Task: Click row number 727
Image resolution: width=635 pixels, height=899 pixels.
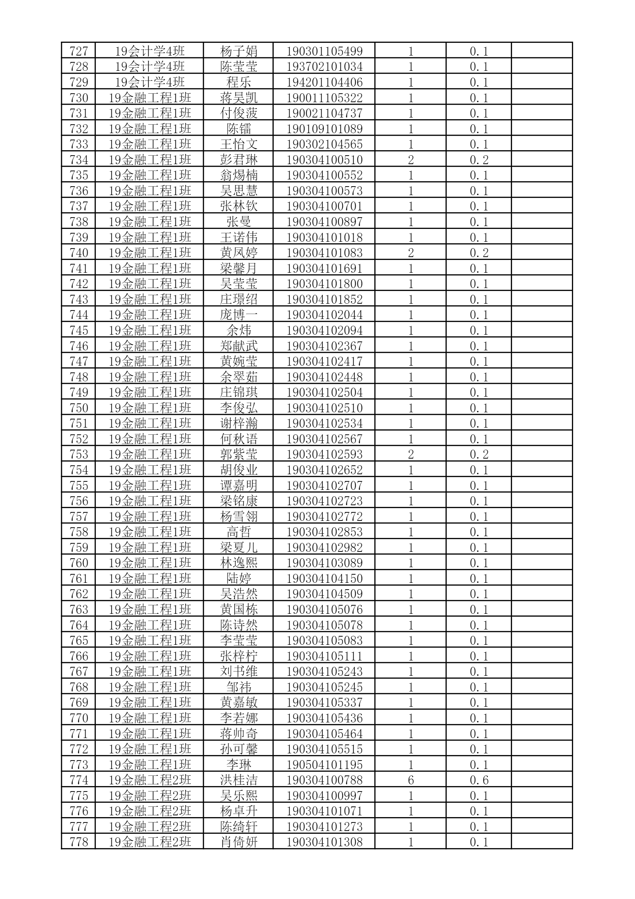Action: click(79, 51)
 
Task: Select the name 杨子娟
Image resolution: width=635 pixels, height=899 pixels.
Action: click(238, 51)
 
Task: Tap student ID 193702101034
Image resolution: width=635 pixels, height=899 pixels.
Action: click(324, 67)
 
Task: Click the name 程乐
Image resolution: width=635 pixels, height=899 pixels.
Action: click(238, 82)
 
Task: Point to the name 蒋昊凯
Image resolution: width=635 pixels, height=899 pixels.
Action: click(238, 98)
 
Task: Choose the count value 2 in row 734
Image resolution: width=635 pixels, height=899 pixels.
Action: click(411, 160)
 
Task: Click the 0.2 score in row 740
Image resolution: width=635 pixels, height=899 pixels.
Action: click(479, 253)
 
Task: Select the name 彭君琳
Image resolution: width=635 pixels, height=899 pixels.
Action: click(238, 160)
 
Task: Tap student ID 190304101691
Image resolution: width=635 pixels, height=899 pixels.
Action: click(324, 268)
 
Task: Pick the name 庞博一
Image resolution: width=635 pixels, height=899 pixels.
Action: click(238, 315)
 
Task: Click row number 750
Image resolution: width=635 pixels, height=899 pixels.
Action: click(79, 408)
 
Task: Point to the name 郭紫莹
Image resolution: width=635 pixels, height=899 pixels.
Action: click(238, 454)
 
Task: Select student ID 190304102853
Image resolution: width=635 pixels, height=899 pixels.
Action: click(324, 532)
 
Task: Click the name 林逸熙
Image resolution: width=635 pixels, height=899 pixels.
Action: click(238, 563)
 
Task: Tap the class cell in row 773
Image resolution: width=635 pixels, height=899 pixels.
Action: click(149, 764)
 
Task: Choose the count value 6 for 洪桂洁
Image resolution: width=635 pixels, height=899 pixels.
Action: click(411, 780)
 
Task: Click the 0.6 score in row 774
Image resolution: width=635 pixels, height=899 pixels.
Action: click(479, 780)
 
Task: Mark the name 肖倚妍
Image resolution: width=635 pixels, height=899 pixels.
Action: click(238, 842)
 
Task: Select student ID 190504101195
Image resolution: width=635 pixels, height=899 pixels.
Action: click(324, 764)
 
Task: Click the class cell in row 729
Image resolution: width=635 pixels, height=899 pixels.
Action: click(149, 82)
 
